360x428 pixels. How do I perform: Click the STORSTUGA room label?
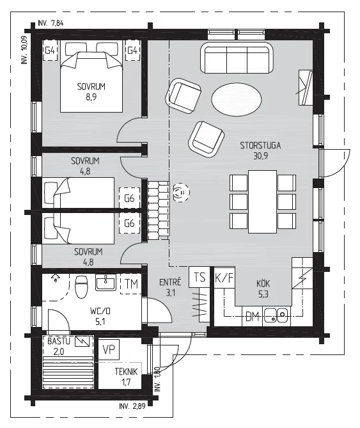(260, 145)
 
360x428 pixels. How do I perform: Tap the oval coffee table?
(237, 100)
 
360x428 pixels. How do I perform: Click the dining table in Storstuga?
(262, 202)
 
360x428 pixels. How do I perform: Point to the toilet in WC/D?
(82, 287)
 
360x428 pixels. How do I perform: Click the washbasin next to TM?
(106, 282)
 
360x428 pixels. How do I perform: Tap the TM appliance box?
(131, 284)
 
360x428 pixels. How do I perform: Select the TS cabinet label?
(200, 277)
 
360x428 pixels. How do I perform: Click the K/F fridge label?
(224, 278)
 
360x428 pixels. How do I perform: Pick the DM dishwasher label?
(253, 317)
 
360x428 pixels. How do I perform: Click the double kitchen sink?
(276, 315)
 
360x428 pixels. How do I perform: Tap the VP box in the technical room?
(109, 349)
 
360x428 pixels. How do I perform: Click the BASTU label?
(59, 341)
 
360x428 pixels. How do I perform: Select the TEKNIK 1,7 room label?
(126, 377)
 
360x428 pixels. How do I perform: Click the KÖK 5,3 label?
(263, 289)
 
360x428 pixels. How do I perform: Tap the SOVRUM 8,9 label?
(91, 91)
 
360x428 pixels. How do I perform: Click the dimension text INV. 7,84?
(51, 23)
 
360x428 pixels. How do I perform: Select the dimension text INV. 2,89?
(132, 406)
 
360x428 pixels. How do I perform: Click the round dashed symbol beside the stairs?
(181, 193)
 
